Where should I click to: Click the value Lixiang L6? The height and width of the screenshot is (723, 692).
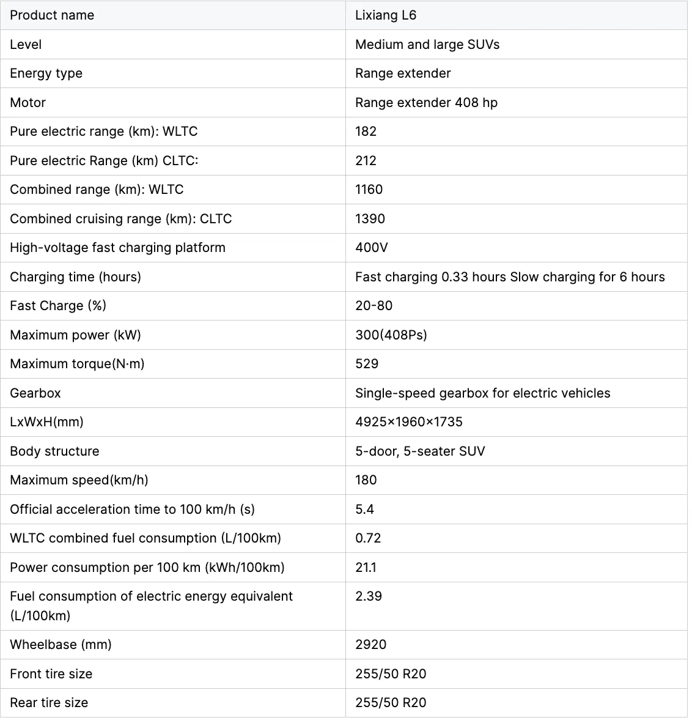(x=386, y=15)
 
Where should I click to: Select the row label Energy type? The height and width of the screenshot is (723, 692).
(x=46, y=73)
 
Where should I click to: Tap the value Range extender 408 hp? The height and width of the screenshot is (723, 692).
(x=426, y=103)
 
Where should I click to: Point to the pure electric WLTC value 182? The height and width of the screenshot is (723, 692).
(x=366, y=132)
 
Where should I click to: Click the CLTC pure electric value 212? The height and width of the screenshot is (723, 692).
(x=366, y=161)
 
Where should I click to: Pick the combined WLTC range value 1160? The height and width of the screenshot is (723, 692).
(x=369, y=190)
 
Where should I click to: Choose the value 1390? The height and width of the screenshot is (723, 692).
(x=370, y=219)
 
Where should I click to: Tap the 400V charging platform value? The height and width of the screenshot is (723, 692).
(x=371, y=248)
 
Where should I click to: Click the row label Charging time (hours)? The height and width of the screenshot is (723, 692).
(x=75, y=277)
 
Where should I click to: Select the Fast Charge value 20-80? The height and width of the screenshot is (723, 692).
(x=374, y=306)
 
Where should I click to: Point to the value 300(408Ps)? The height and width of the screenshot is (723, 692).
(x=391, y=335)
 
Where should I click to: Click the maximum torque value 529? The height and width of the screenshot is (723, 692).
(x=367, y=364)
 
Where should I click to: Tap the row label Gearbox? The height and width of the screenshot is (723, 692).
(x=35, y=393)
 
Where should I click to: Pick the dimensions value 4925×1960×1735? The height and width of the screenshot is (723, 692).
(x=408, y=422)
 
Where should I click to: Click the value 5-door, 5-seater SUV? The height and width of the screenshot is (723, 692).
(x=420, y=451)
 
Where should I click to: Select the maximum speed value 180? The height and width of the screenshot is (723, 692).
(x=366, y=480)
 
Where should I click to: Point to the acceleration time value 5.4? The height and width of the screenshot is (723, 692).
(x=364, y=510)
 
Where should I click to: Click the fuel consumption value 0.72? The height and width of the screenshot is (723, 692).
(x=368, y=538)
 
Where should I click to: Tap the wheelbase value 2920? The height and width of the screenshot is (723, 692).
(x=370, y=645)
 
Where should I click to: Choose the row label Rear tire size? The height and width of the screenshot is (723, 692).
(x=49, y=703)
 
